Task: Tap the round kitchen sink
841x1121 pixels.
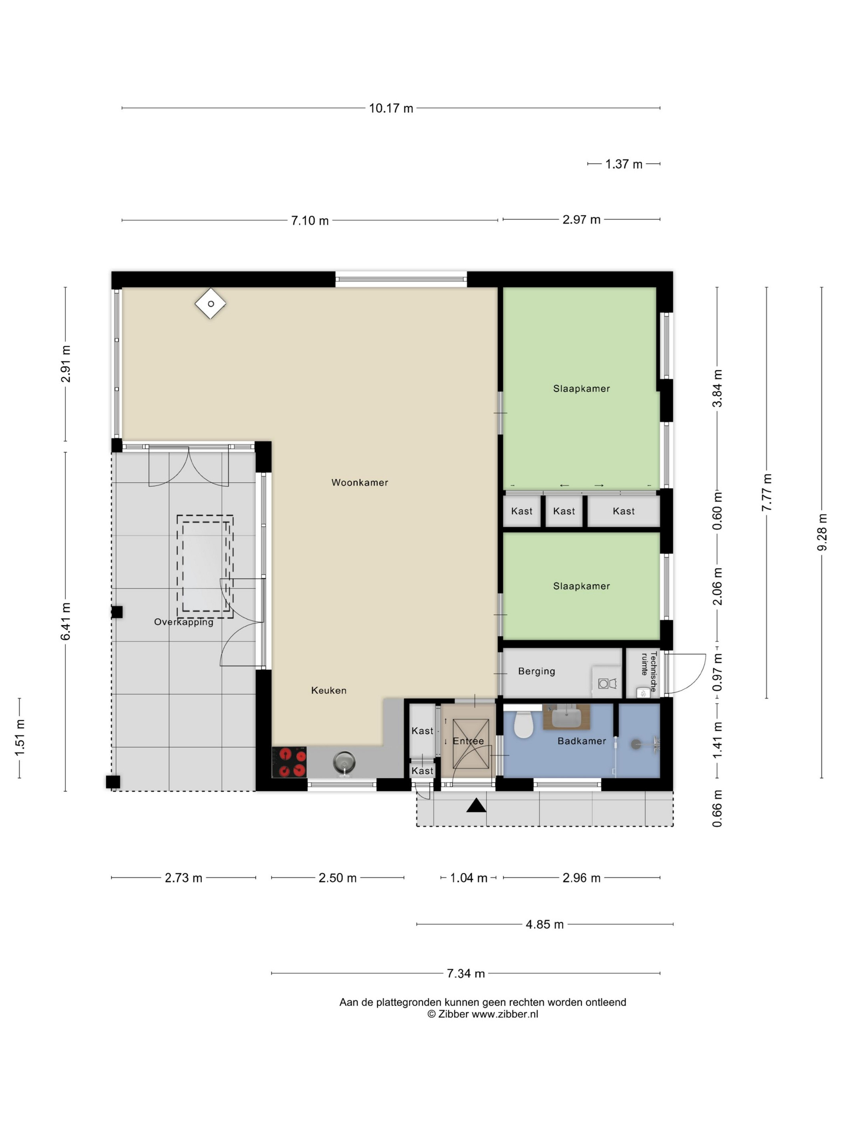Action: click(344, 762)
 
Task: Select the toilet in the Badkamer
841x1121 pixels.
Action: click(523, 724)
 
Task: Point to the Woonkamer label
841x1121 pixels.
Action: click(359, 482)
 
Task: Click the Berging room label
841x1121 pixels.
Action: click(536, 671)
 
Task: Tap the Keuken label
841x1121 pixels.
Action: click(328, 690)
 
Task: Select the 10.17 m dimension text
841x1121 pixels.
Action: click(391, 108)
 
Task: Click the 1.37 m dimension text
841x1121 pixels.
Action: click(624, 164)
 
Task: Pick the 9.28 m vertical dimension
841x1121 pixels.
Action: click(822, 532)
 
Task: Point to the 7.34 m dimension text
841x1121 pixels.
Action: click(465, 974)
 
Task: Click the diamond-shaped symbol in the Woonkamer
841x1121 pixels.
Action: click(210, 303)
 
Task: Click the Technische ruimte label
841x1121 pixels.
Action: click(648, 671)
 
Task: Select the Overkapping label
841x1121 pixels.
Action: click(183, 622)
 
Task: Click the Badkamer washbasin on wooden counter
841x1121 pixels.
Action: click(566, 717)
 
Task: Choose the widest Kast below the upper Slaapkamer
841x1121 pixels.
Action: click(623, 511)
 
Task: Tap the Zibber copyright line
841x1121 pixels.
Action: click(482, 1014)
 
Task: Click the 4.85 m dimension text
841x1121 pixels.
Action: click(544, 924)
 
